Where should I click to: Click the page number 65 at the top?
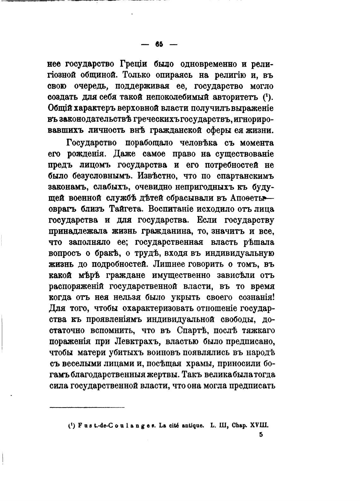point(159,45)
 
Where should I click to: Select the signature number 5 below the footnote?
point(261,435)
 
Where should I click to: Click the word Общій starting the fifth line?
point(61,108)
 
